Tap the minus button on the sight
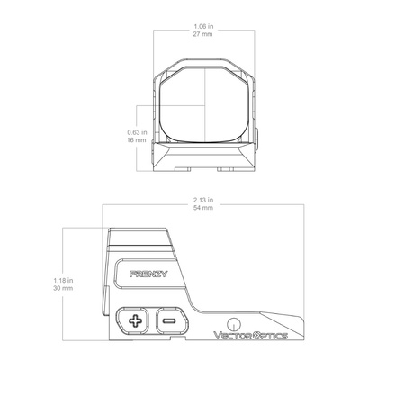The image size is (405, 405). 168,319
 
